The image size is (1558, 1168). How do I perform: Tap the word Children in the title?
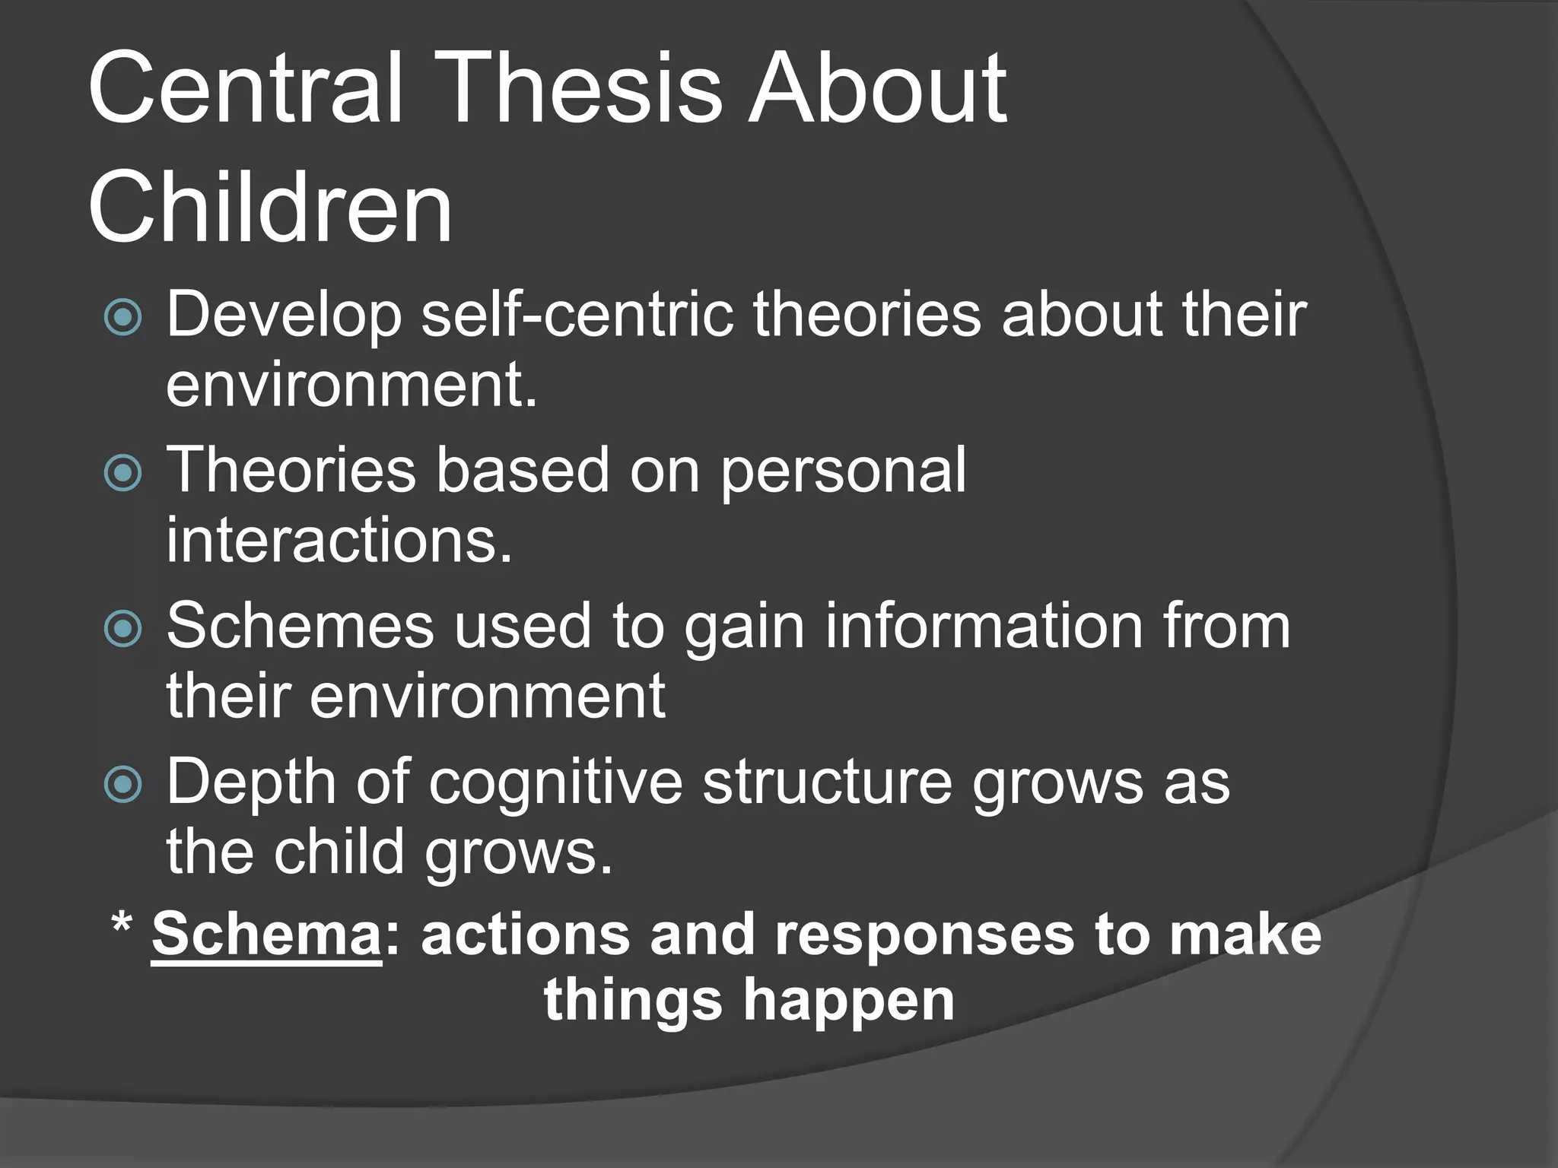[x=270, y=208]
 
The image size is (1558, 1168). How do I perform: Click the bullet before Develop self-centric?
[x=123, y=317]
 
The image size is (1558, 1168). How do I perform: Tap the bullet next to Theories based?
[x=123, y=473]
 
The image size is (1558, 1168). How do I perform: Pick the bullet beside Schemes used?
[x=123, y=629]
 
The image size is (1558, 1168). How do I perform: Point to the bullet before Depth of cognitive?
[x=123, y=785]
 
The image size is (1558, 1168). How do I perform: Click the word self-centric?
[x=577, y=314]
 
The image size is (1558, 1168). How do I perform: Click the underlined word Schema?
[x=266, y=935]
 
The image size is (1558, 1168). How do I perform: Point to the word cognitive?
[x=555, y=783]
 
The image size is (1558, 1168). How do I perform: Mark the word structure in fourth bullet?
[x=827, y=782]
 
